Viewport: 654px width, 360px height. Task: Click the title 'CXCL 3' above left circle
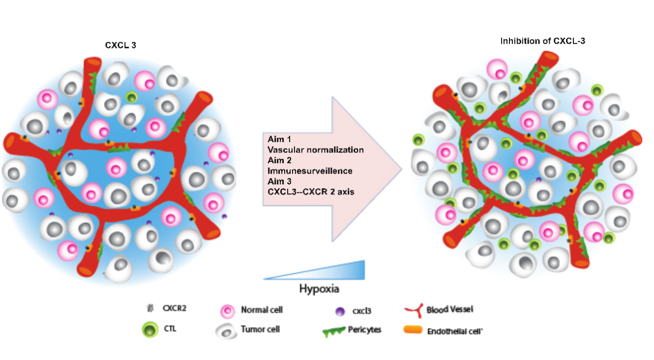pos(119,45)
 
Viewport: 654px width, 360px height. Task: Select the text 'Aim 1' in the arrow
pos(279,139)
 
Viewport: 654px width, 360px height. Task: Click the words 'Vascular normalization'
pos(316,150)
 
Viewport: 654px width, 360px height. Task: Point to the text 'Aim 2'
pos(279,160)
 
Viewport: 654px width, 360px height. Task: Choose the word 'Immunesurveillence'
pos(310,171)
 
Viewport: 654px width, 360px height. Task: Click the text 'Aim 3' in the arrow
pos(279,181)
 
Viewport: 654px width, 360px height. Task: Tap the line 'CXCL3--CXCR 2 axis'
pos(311,192)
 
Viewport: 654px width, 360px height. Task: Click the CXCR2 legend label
pos(174,309)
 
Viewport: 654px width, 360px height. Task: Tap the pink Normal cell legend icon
pos(228,311)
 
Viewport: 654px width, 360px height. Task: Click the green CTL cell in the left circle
pos(131,97)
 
